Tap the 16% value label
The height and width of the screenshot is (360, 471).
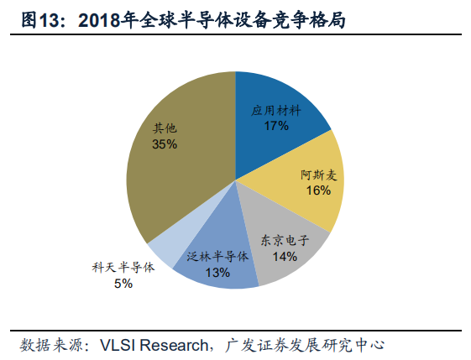318,190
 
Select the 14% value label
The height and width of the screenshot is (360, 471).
285,256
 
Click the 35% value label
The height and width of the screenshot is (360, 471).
165,144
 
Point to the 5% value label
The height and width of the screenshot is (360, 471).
123,284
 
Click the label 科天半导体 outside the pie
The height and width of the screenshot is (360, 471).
123,269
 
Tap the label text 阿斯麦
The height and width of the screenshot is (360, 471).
318,175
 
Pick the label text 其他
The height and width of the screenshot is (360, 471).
165,128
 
